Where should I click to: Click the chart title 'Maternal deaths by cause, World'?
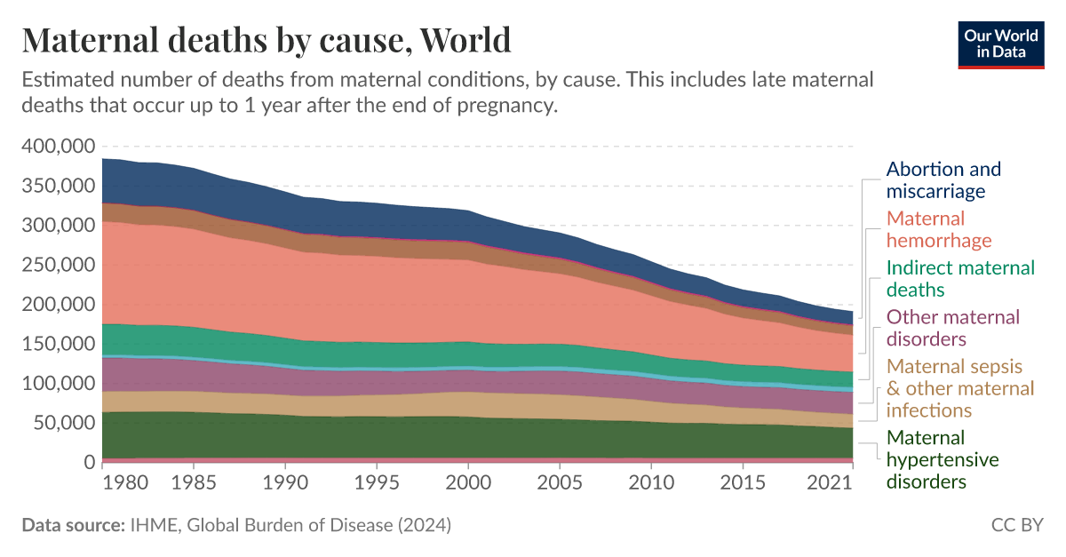(x=266, y=40)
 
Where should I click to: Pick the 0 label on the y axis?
(x=88, y=463)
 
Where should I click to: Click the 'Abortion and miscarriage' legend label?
(x=943, y=179)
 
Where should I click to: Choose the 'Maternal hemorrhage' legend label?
(x=939, y=229)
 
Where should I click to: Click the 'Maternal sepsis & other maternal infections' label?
(x=960, y=388)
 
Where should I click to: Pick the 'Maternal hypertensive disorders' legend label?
(x=943, y=459)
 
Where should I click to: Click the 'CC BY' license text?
(x=1017, y=525)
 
